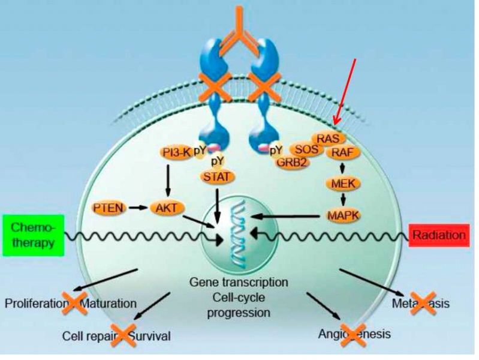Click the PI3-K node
[176, 152]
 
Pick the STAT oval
[218, 176]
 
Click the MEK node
[341, 183]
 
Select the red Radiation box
[438, 235]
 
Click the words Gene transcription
[239, 281]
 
